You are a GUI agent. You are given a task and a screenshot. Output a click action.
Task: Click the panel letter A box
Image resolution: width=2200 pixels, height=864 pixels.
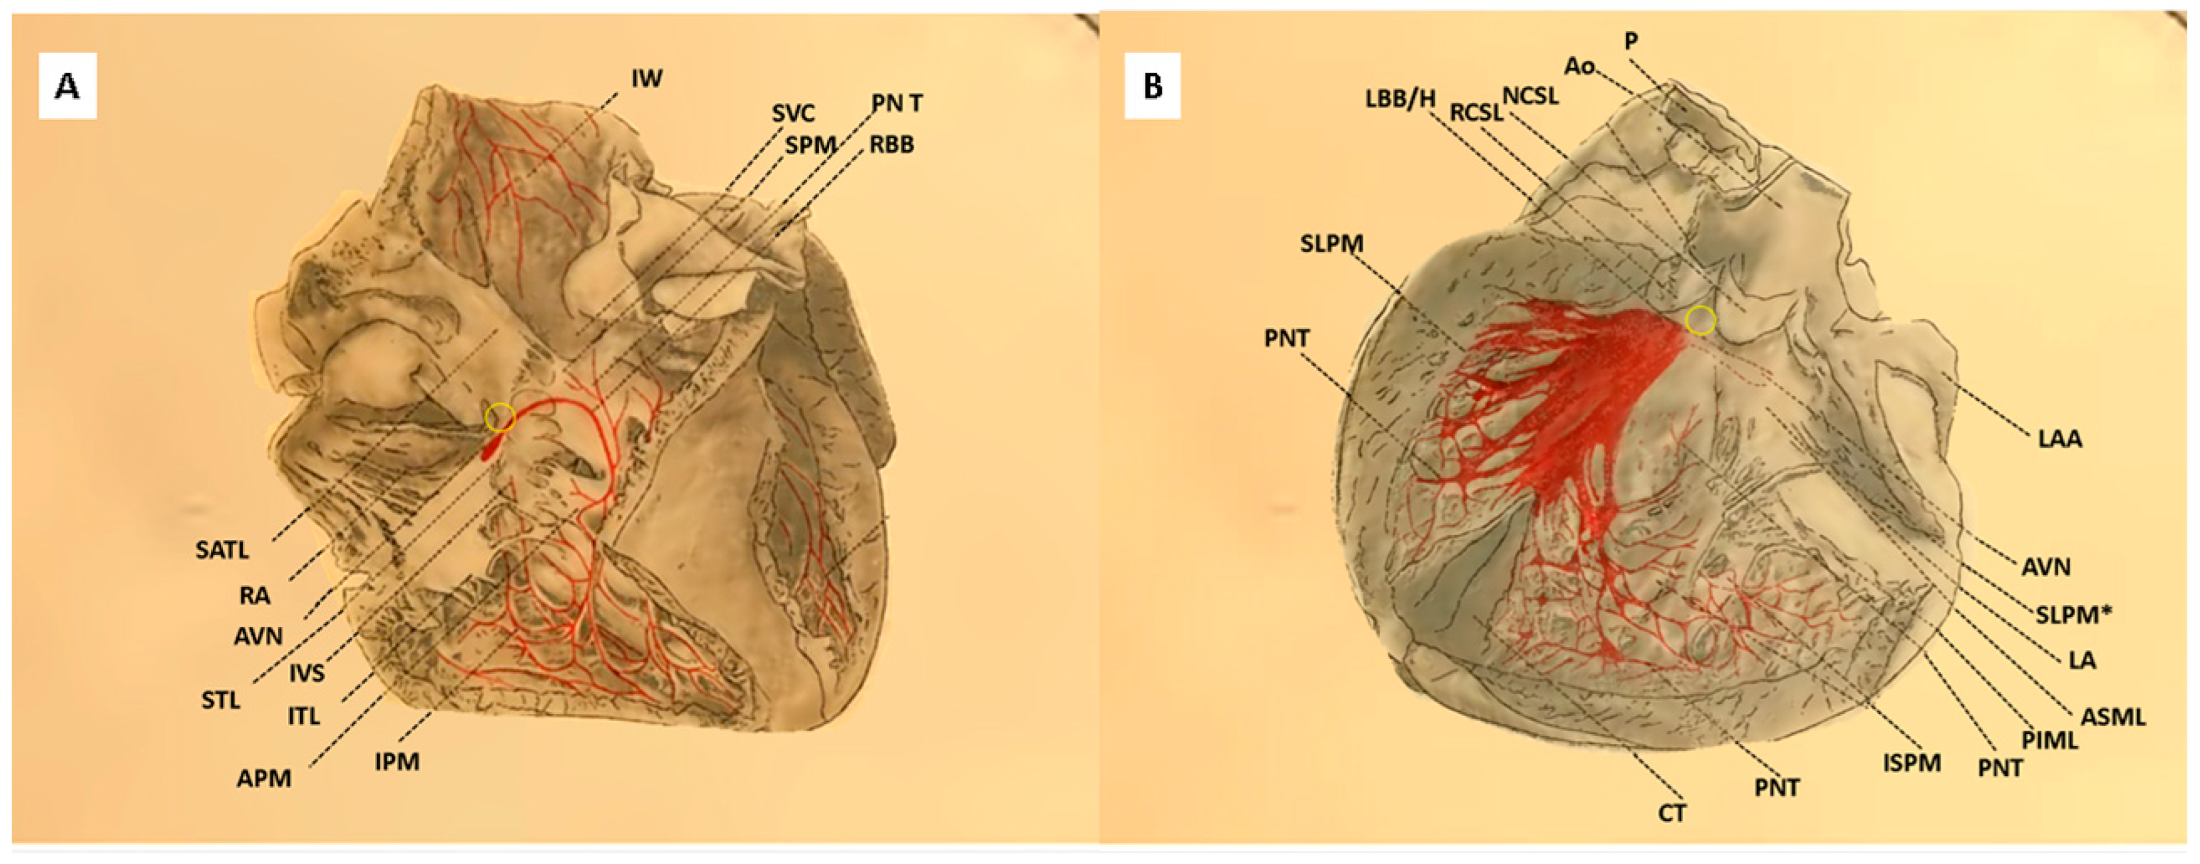point(68,85)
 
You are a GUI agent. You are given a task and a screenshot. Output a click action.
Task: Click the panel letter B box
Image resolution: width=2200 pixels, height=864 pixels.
point(1152,85)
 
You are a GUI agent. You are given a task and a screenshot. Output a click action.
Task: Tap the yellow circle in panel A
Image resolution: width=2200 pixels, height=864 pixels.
point(500,417)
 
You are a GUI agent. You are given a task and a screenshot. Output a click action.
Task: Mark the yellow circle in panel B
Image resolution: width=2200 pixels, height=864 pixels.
point(1700,320)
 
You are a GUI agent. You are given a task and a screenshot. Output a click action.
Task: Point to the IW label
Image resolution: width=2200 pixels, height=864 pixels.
point(647,79)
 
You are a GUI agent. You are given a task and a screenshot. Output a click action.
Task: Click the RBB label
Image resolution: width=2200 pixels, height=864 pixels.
point(891,145)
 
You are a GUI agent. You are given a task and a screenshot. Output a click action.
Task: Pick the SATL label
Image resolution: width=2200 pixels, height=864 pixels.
point(222,550)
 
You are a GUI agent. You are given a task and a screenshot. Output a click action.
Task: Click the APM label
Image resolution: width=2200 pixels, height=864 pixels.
point(264,778)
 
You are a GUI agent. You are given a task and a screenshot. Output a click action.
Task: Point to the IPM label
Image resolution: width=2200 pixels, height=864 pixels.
point(397,761)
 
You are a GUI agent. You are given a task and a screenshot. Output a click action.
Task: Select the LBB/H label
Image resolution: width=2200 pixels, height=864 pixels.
point(1400,99)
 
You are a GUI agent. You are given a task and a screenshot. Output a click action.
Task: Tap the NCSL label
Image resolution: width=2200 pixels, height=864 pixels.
point(1530,95)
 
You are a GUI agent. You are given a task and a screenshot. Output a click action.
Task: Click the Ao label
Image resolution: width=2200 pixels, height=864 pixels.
point(1579,66)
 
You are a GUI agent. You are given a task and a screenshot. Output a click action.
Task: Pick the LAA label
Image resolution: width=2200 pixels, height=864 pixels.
point(2059,439)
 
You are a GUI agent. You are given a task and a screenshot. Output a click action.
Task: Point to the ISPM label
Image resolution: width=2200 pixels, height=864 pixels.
point(1911,762)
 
